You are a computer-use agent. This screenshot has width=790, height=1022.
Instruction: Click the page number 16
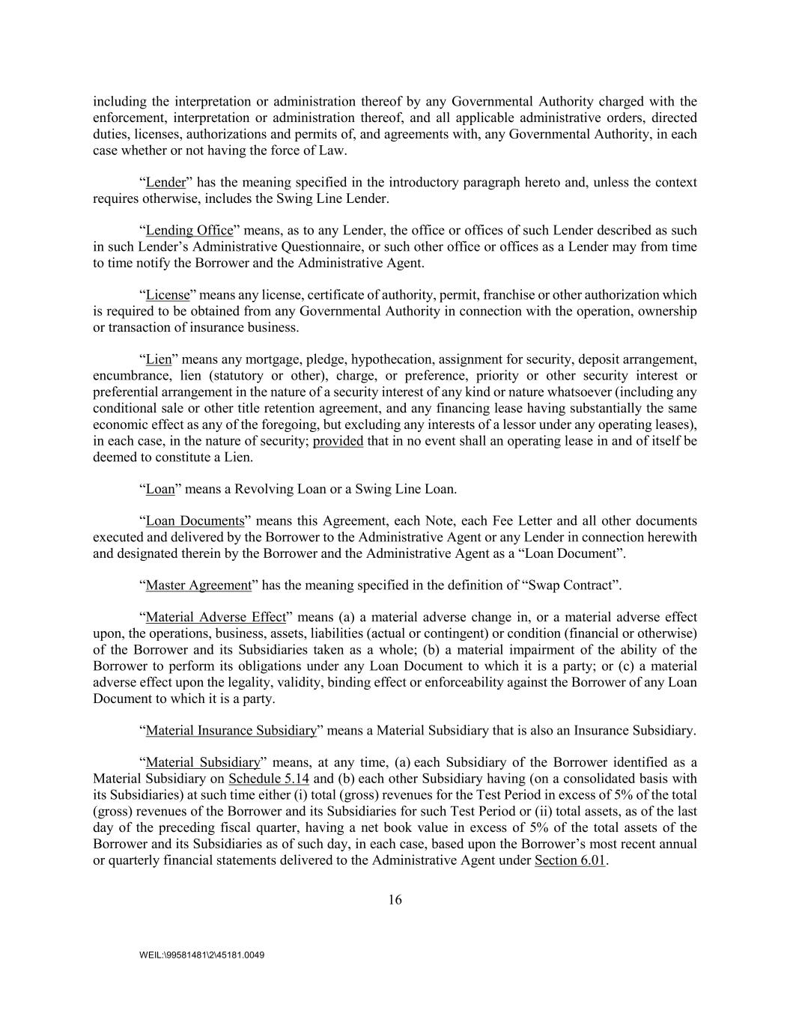[395, 900]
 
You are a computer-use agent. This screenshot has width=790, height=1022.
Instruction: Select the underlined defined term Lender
[165, 183]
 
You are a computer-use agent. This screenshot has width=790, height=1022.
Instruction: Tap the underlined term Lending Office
[189, 231]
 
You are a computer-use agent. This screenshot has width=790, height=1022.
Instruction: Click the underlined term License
[167, 295]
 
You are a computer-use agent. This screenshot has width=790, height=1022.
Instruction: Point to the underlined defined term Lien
[158, 359]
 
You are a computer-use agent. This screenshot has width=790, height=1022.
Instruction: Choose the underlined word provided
[338, 441]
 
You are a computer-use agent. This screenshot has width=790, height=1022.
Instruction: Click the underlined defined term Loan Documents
[195, 521]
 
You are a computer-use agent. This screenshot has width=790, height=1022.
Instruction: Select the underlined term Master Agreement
[198, 585]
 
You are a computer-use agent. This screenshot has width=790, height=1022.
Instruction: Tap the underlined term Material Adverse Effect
[215, 618]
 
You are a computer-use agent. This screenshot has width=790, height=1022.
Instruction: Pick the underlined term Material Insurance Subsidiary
[231, 730]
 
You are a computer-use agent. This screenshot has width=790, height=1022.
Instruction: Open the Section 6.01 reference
[569, 860]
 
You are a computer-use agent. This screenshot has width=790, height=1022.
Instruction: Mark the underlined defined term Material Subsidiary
[202, 763]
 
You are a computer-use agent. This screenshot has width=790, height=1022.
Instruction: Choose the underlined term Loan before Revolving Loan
[159, 490]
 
